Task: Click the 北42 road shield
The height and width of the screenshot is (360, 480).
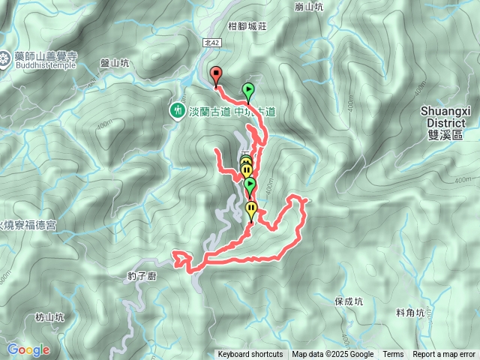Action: [213, 44]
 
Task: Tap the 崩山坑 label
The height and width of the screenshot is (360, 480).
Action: [309, 7]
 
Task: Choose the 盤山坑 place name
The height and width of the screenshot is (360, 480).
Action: [114, 63]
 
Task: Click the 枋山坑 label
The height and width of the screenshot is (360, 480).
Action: [50, 317]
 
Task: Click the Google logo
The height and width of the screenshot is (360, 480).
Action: [28, 349]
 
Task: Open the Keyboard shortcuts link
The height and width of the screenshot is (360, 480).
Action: [250, 355]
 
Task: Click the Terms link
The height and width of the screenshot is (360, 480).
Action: [393, 355]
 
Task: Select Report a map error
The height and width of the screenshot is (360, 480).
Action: [444, 355]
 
